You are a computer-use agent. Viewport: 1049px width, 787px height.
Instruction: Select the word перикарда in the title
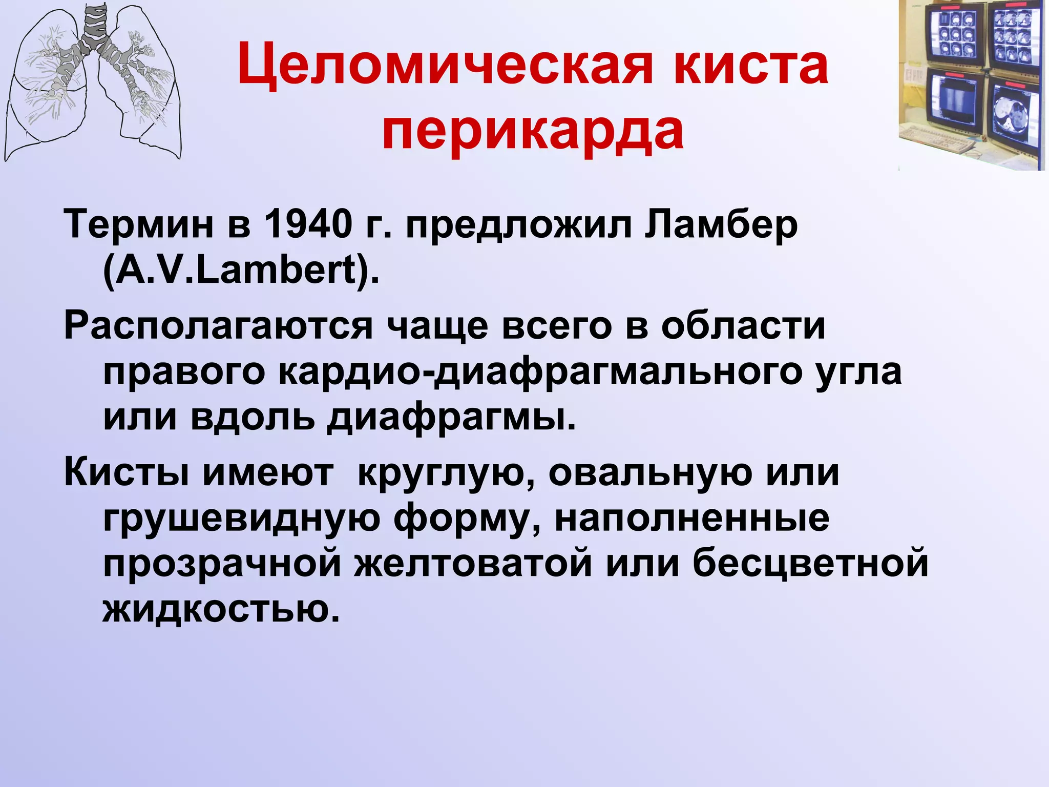tap(533, 130)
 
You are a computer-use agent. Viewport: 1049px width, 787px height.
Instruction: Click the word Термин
tap(138, 225)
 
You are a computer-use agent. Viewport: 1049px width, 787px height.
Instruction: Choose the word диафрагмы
tap(451, 417)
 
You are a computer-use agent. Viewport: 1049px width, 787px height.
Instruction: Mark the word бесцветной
tap(810, 564)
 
